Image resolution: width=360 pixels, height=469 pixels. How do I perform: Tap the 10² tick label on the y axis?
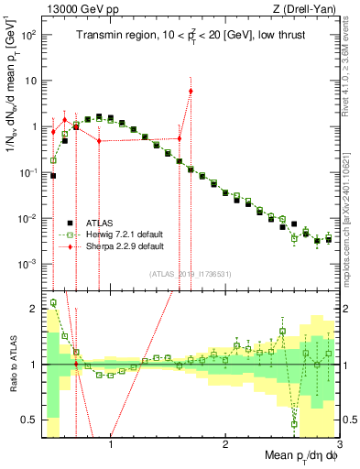coord(28,34)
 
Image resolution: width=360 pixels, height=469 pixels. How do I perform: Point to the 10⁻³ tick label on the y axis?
coord(28,264)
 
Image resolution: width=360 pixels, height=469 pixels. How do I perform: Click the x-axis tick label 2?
coord(225,445)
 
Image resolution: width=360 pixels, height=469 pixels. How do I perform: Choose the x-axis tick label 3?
coord(339,445)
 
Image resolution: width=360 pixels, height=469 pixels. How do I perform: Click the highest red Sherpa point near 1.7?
coord(191,91)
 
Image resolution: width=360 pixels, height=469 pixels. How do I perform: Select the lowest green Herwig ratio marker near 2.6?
coord(294,424)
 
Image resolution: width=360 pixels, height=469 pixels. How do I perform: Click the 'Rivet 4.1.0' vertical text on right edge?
coord(352,55)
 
